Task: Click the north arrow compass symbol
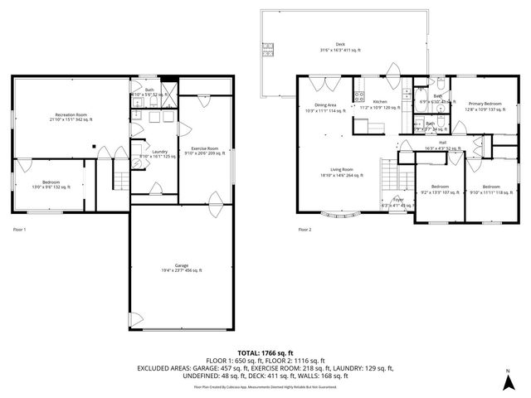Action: (507, 382)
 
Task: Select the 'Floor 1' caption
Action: (22, 230)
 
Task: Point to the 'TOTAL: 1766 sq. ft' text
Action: (265, 352)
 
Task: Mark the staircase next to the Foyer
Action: (390, 174)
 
